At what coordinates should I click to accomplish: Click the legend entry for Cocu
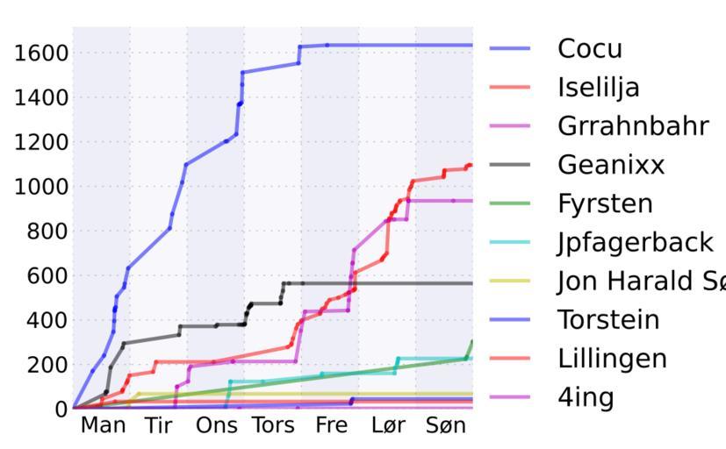coord(589,49)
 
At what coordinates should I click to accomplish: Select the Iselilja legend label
coord(598,88)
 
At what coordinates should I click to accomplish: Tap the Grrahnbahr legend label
coord(632,126)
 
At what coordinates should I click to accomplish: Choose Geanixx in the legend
coord(611,165)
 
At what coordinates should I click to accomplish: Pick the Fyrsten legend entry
coord(605,203)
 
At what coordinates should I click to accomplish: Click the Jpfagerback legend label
coord(635,242)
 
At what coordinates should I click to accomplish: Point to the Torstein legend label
coord(607,319)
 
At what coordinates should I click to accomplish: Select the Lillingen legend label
coord(612,358)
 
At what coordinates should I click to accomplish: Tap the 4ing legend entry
coord(586,397)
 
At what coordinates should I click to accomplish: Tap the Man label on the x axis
coord(103,426)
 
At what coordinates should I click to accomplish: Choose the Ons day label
coord(216,426)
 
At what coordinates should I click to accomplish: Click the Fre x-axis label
coord(331,426)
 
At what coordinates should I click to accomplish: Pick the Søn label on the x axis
coord(445,426)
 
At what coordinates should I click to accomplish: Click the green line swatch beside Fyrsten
coord(510,203)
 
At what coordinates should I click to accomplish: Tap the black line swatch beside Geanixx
coord(510,165)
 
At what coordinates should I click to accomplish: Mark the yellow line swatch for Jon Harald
coord(510,281)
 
